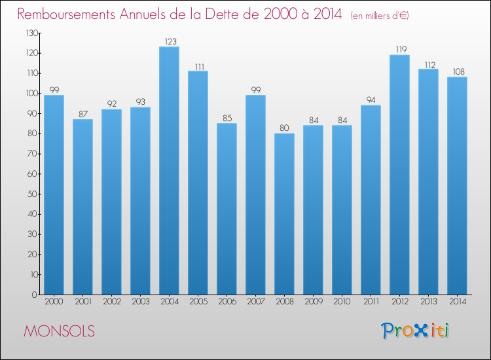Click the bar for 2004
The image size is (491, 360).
click(169, 171)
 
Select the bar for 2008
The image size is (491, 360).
click(284, 214)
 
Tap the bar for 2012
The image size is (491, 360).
click(399, 175)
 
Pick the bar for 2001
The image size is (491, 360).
click(82, 207)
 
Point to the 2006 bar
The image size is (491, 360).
click(227, 209)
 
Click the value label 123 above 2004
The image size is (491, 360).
click(169, 41)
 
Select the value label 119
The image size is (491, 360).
click(399, 49)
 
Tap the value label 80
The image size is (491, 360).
click(284, 128)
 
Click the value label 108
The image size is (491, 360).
click(457, 72)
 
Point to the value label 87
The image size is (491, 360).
click(82, 114)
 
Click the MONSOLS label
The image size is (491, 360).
click(59, 331)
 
